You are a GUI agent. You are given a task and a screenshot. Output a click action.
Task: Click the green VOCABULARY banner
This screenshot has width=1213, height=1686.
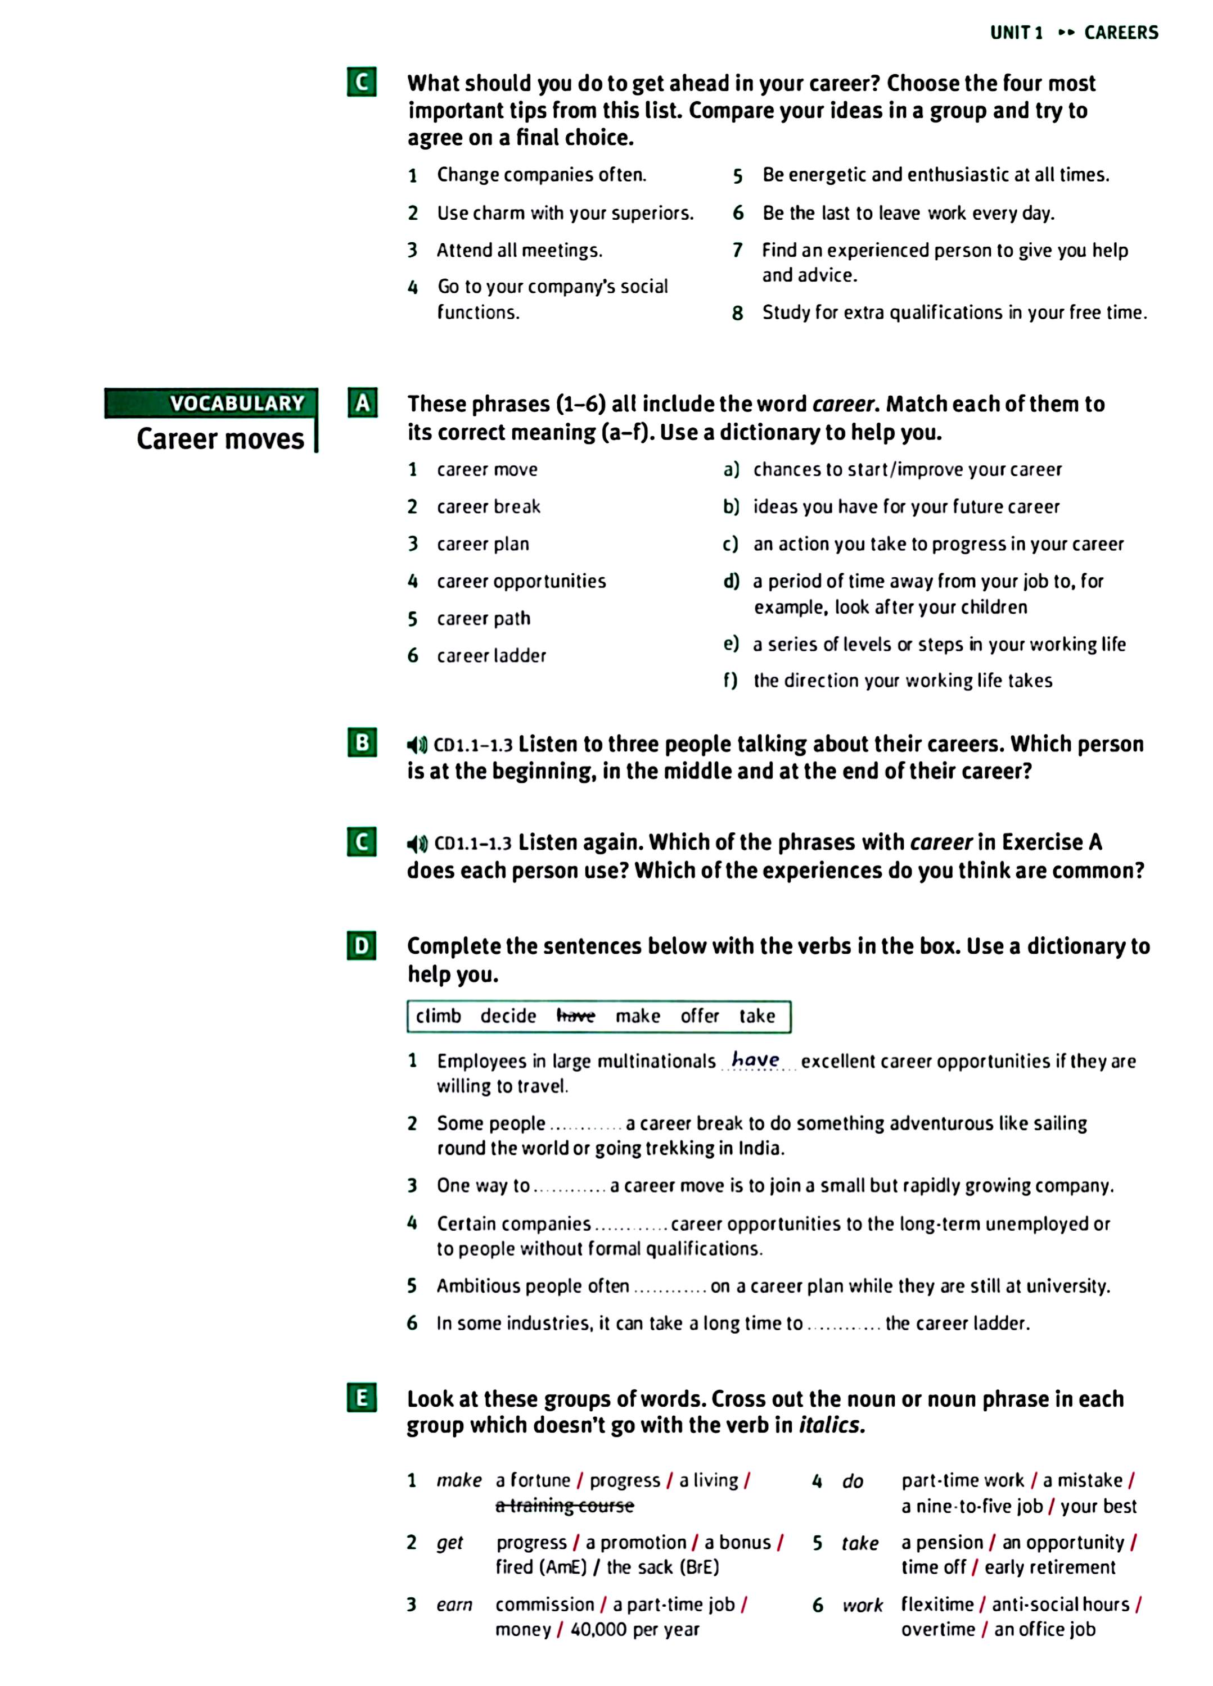click(x=211, y=403)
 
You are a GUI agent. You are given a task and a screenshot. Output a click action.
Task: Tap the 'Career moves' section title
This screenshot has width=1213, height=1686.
click(x=220, y=438)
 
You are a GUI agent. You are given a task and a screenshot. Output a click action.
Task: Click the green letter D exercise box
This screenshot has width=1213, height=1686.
click(x=362, y=946)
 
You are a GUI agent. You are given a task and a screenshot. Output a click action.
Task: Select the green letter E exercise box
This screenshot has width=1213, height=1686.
click(x=362, y=1398)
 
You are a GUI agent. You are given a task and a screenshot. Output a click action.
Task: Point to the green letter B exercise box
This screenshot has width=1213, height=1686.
click(x=362, y=742)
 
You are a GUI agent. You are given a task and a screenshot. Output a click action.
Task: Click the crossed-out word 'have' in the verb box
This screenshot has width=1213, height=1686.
click(x=576, y=1016)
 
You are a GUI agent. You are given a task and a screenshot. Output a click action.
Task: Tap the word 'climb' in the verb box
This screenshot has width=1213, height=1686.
click(x=438, y=1016)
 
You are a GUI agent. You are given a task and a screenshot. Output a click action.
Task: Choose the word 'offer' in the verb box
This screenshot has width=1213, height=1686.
click(x=700, y=1016)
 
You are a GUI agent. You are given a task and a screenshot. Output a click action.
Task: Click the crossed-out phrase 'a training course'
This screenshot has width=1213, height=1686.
click(x=565, y=1506)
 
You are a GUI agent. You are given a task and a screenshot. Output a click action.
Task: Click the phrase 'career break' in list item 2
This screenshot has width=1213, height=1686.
click(x=489, y=507)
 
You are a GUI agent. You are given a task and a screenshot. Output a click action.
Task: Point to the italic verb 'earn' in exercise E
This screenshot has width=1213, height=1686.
click(x=454, y=1604)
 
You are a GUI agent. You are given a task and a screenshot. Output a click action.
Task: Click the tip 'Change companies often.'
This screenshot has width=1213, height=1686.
click(x=542, y=175)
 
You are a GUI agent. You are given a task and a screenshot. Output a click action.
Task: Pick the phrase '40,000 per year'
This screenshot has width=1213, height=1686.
click(x=634, y=1629)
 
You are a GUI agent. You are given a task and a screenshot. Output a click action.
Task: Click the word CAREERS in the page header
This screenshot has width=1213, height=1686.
click(x=1121, y=33)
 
